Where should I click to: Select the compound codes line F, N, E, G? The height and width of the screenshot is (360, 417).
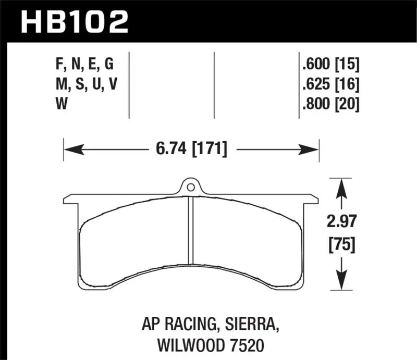pos(83,65)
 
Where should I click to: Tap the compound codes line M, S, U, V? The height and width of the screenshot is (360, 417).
pos(83,84)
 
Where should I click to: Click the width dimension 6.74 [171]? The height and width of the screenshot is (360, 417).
pos(191,150)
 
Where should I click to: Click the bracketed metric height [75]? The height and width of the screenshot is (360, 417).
pos(341,244)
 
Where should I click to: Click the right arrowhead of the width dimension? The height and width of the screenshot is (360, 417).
pos(311,150)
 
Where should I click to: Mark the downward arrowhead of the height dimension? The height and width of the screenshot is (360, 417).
pos(341,282)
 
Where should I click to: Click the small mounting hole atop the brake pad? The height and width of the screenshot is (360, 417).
pos(191,187)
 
